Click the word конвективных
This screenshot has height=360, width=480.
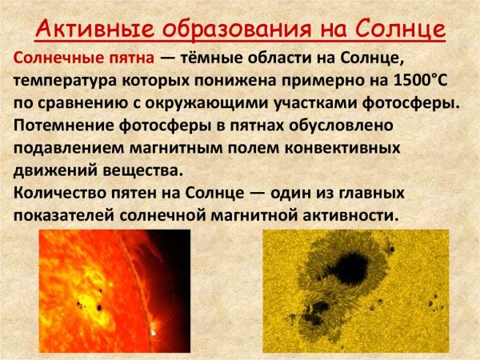point(345,149)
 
